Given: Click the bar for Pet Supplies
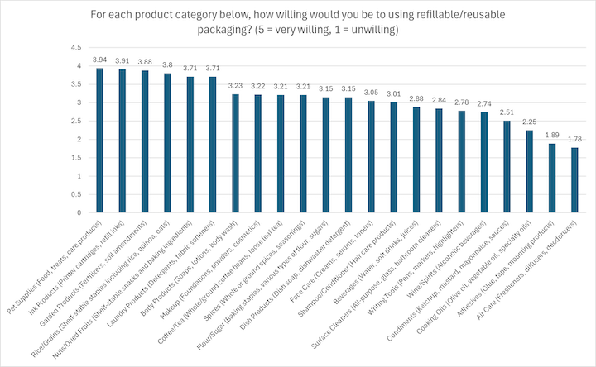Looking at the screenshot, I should click(x=100, y=141).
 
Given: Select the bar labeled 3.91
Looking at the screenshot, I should click(x=123, y=141).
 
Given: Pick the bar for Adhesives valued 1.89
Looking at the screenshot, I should click(x=550, y=178).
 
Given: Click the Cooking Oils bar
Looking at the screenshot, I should click(x=527, y=171).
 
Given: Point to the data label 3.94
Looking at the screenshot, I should click(x=100, y=60).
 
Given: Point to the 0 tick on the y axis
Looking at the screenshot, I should click(x=79, y=212).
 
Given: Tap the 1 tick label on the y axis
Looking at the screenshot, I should click(x=79, y=176).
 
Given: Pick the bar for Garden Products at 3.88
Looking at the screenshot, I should click(x=145, y=141).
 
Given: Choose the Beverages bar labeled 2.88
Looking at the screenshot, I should click(x=416, y=160).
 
